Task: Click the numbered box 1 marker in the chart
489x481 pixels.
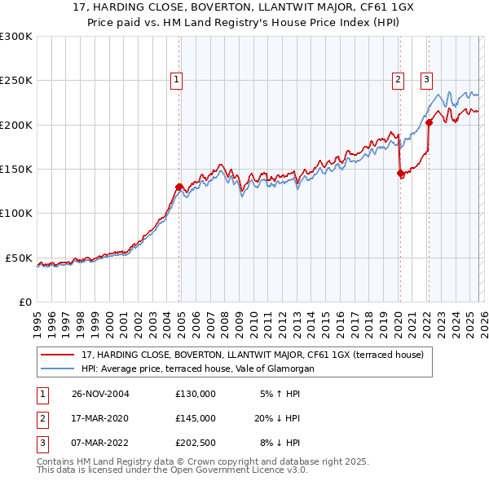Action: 177,79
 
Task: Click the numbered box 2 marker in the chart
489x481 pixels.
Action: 398,79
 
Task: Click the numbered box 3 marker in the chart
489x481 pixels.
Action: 426,79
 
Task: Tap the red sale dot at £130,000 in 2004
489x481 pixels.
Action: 178,187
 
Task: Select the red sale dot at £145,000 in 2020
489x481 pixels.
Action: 399,173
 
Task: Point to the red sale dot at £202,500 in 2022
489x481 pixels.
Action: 429,122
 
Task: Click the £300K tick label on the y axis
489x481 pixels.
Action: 15,37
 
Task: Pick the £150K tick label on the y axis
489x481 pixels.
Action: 15,170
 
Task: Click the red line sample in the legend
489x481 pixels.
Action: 58,355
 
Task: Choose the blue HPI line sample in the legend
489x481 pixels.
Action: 58,368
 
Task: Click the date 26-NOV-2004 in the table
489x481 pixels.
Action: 100,393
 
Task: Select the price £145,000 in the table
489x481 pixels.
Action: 195,418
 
